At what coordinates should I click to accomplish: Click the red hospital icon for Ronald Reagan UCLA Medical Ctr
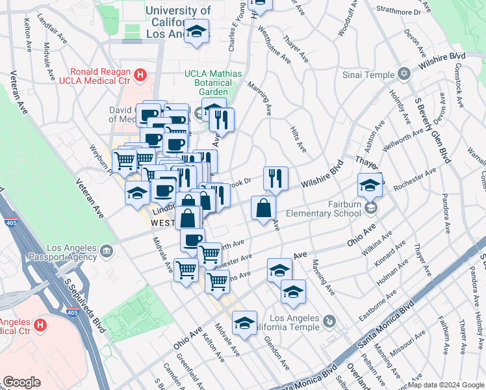pos(140,75)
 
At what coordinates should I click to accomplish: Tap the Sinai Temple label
pos(369,75)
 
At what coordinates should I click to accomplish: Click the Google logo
pos(21,382)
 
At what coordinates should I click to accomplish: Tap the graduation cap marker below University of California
pos(195,32)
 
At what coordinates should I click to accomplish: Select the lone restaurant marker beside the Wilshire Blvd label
pos(275,177)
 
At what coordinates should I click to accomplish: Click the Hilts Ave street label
pos(298,138)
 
